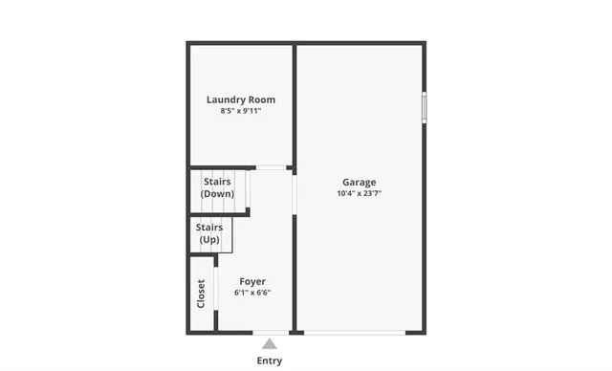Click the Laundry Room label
(x=241, y=99)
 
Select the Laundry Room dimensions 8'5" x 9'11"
(x=241, y=111)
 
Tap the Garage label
(x=360, y=182)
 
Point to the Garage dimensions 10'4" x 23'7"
(x=360, y=193)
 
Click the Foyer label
(x=252, y=281)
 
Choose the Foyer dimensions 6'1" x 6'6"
(x=252, y=293)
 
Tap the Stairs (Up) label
(x=209, y=233)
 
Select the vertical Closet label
(x=201, y=295)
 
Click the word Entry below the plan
(x=270, y=360)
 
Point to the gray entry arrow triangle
(x=270, y=344)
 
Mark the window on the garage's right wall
(x=424, y=106)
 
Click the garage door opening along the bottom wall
(x=355, y=332)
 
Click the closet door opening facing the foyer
(x=217, y=293)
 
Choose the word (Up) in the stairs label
(x=209, y=239)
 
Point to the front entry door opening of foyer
(x=271, y=332)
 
